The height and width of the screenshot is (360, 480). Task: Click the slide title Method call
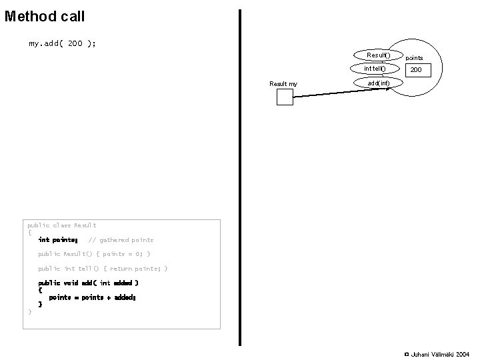pyautogui.click(x=45, y=15)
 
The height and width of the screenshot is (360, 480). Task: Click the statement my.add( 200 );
pyautogui.click(x=62, y=43)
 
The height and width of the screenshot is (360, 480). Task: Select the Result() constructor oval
pyautogui.click(x=379, y=55)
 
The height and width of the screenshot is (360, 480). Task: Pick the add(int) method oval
pyautogui.click(x=379, y=83)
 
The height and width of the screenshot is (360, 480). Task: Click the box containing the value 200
pyautogui.click(x=416, y=70)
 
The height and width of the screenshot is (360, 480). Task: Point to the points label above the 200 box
pyautogui.click(x=415, y=58)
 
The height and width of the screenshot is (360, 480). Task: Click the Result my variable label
pyautogui.click(x=283, y=83)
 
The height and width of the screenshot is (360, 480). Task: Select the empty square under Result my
pyautogui.click(x=285, y=97)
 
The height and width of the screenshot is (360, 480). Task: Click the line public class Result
pyautogui.click(x=61, y=225)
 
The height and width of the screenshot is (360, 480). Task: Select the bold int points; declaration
pyautogui.click(x=58, y=240)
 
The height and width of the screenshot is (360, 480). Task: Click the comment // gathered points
pyautogui.click(x=121, y=240)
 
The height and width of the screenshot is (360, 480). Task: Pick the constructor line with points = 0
pyautogui.click(x=94, y=254)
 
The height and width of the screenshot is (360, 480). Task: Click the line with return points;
pyautogui.click(x=103, y=269)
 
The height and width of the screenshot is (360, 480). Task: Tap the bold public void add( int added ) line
pyautogui.click(x=88, y=283)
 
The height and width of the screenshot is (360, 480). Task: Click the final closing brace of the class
pyautogui.click(x=29, y=311)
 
